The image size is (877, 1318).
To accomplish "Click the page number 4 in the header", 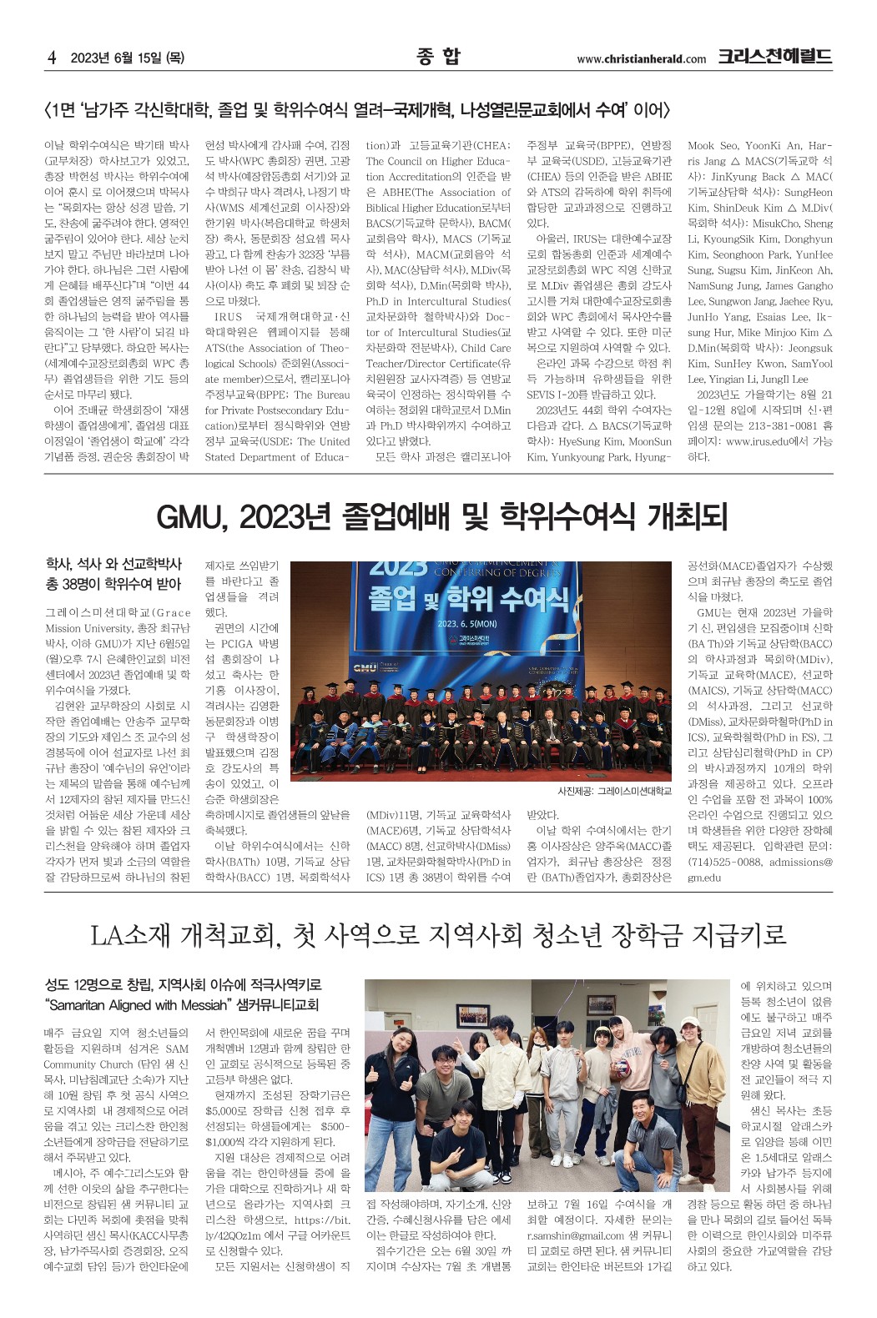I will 52,58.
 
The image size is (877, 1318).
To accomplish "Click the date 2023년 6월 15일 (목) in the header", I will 127,58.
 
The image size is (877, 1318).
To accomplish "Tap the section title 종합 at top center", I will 438,57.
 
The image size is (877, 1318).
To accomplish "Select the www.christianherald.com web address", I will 641,59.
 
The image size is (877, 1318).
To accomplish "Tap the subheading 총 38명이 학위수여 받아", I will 113,584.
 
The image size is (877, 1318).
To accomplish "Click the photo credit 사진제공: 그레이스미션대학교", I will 614,791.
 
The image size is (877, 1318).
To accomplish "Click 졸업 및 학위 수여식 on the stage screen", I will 468,598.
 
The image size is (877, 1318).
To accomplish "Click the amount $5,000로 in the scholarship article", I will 230,1111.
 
